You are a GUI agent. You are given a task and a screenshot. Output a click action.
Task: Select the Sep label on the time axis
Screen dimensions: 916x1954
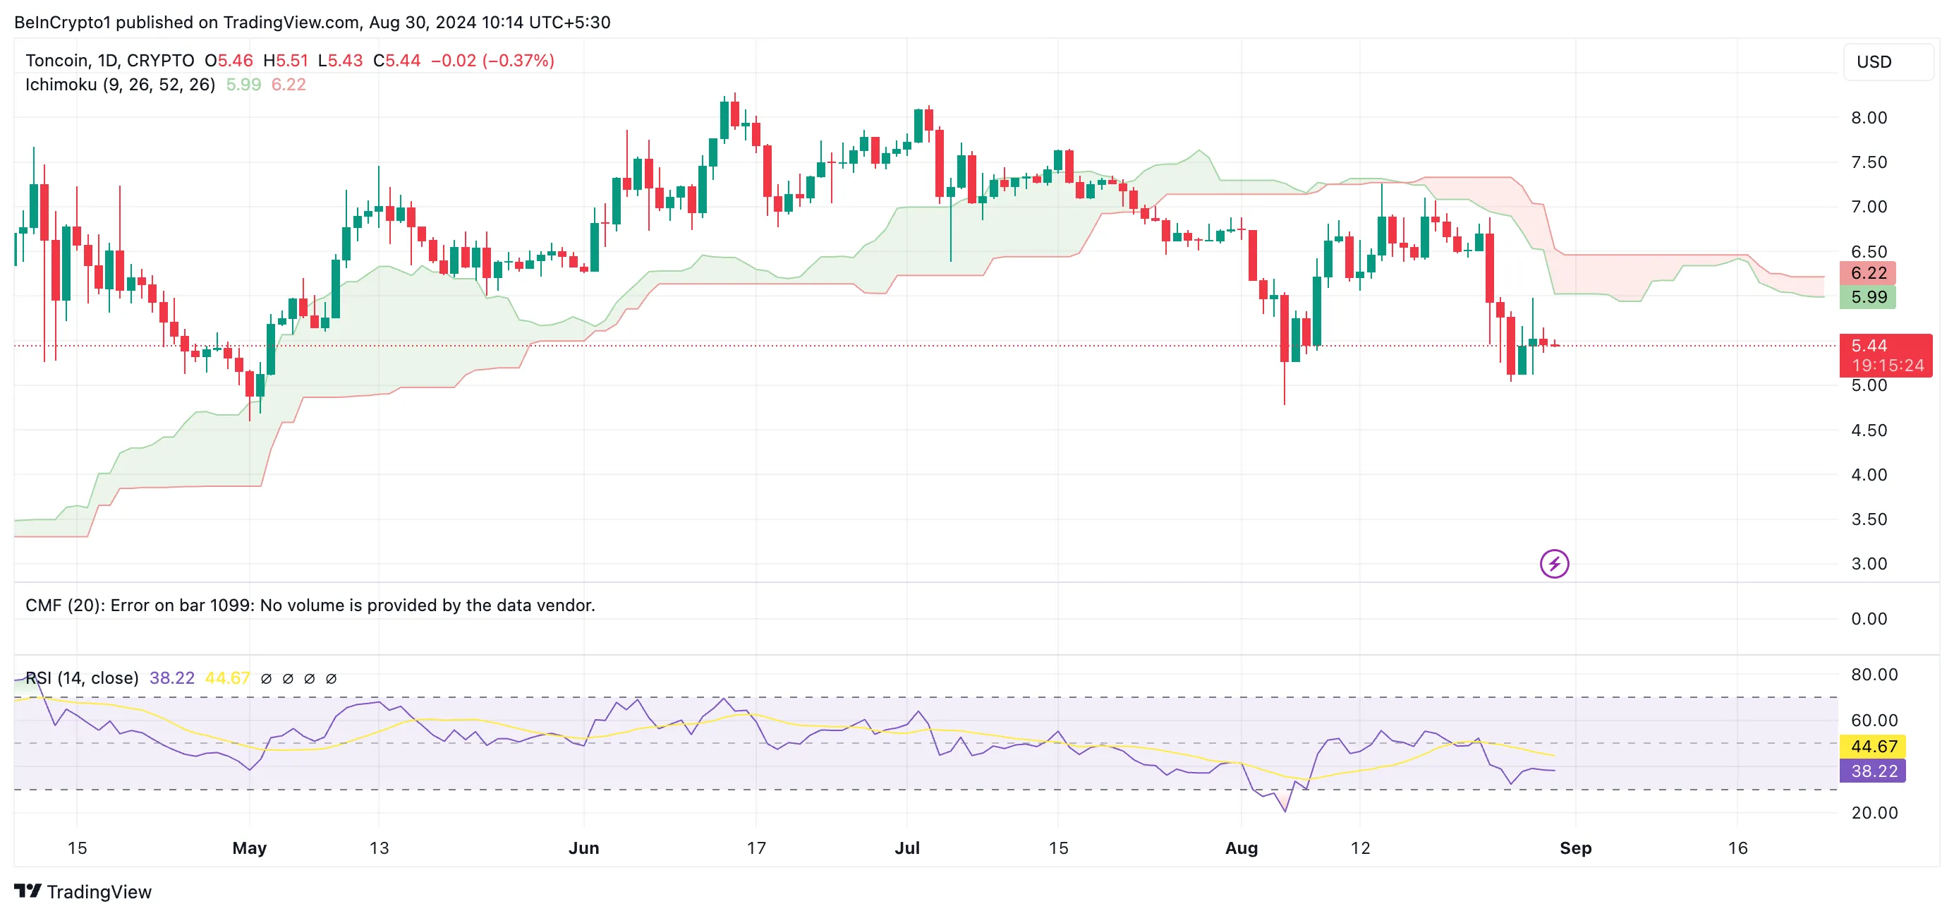tap(1574, 848)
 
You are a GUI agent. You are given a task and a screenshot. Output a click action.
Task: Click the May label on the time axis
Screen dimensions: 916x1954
tap(249, 848)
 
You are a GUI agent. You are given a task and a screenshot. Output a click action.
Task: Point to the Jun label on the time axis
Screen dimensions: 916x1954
tap(583, 848)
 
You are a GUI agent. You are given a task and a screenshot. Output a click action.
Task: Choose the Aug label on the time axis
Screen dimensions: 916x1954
tap(1241, 848)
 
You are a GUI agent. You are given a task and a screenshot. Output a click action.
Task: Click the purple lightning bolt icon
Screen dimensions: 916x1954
tap(1554, 564)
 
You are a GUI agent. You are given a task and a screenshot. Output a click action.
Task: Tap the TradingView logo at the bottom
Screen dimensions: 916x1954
tap(83, 891)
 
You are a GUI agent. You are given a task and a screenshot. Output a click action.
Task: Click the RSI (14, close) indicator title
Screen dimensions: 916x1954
tap(82, 677)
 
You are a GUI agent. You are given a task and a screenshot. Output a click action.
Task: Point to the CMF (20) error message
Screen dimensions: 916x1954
tap(310, 605)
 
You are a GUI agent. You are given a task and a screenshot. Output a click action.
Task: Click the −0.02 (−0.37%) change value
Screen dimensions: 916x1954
tap(492, 61)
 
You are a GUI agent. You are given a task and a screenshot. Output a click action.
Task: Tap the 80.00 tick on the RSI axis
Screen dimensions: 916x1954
tap(1874, 675)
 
